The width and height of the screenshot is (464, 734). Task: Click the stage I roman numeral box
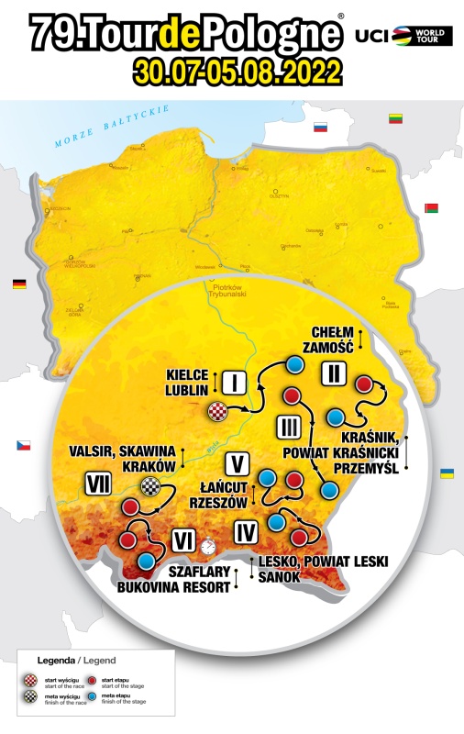pos(235,380)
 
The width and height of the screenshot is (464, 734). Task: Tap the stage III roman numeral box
pos(286,427)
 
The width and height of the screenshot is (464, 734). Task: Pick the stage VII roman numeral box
pos(99,481)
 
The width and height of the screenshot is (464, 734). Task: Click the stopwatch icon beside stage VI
pos(211,545)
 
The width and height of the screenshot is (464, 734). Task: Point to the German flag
pos(18,284)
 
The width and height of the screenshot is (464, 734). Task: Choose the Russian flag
pos(321,128)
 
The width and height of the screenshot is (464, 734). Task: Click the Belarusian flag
pos(432,208)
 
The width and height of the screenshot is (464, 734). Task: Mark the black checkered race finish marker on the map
pos(150,487)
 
